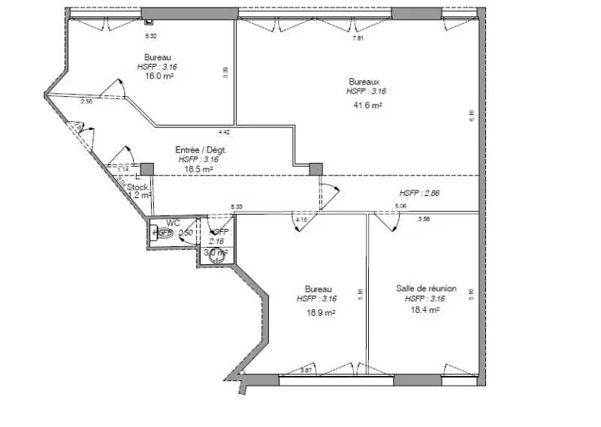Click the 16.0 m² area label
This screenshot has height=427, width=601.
pos(159,76)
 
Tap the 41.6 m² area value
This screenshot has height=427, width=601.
pos(367,106)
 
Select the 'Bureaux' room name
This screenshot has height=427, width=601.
pos(364,81)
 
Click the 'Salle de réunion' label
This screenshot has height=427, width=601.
pos(425,288)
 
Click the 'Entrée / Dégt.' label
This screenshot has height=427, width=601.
pos(201,149)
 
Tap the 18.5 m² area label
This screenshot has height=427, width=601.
pos(198,170)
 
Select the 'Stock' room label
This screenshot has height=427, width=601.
pos(137,187)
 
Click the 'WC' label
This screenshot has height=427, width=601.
pos(173,222)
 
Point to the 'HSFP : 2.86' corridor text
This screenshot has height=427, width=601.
pos(419,193)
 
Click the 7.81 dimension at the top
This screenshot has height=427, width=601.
pos(358,38)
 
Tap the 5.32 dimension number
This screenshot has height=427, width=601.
pos(150,36)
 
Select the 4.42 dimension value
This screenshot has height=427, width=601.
pos(224,132)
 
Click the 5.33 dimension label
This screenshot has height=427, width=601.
pos(237,206)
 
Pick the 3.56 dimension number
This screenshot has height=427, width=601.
pos(424,219)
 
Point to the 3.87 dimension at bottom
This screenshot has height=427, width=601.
pos(306,370)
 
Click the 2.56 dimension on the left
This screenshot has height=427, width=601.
pos(86,101)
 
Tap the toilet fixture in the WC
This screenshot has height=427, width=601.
pos(157,233)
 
